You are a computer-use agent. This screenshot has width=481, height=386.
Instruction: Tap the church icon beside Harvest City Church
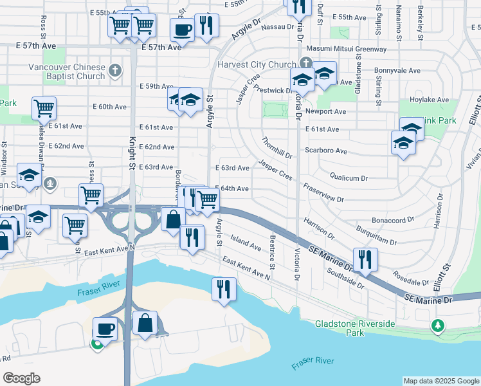pyautogui.click(x=306, y=63)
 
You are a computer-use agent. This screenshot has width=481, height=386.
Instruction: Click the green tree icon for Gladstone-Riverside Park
pyautogui.click(x=439, y=326)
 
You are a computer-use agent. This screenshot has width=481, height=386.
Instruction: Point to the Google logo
pyautogui.click(x=21, y=378)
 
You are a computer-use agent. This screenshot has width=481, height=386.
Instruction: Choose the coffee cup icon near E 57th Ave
pyautogui.click(x=182, y=29)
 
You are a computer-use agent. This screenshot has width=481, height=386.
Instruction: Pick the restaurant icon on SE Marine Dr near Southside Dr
pyautogui.click(x=365, y=259)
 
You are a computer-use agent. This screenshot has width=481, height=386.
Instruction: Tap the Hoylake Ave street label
pyautogui.click(x=432, y=100)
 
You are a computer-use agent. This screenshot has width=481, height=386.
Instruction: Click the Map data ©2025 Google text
pyautogui.click(x=440, y=381)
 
